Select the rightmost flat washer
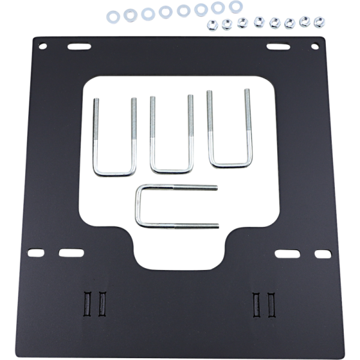point(236,7)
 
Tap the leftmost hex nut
point(212,25)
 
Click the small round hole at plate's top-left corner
point(43,46)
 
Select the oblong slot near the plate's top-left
point(79,46)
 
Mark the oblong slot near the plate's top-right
point(278,46)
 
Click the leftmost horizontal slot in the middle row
point(36,253)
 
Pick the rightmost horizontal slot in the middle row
point(323,254)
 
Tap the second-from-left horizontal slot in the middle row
point(71,253)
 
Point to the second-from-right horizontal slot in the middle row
point(287,254)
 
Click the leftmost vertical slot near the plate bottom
point(88,302)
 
